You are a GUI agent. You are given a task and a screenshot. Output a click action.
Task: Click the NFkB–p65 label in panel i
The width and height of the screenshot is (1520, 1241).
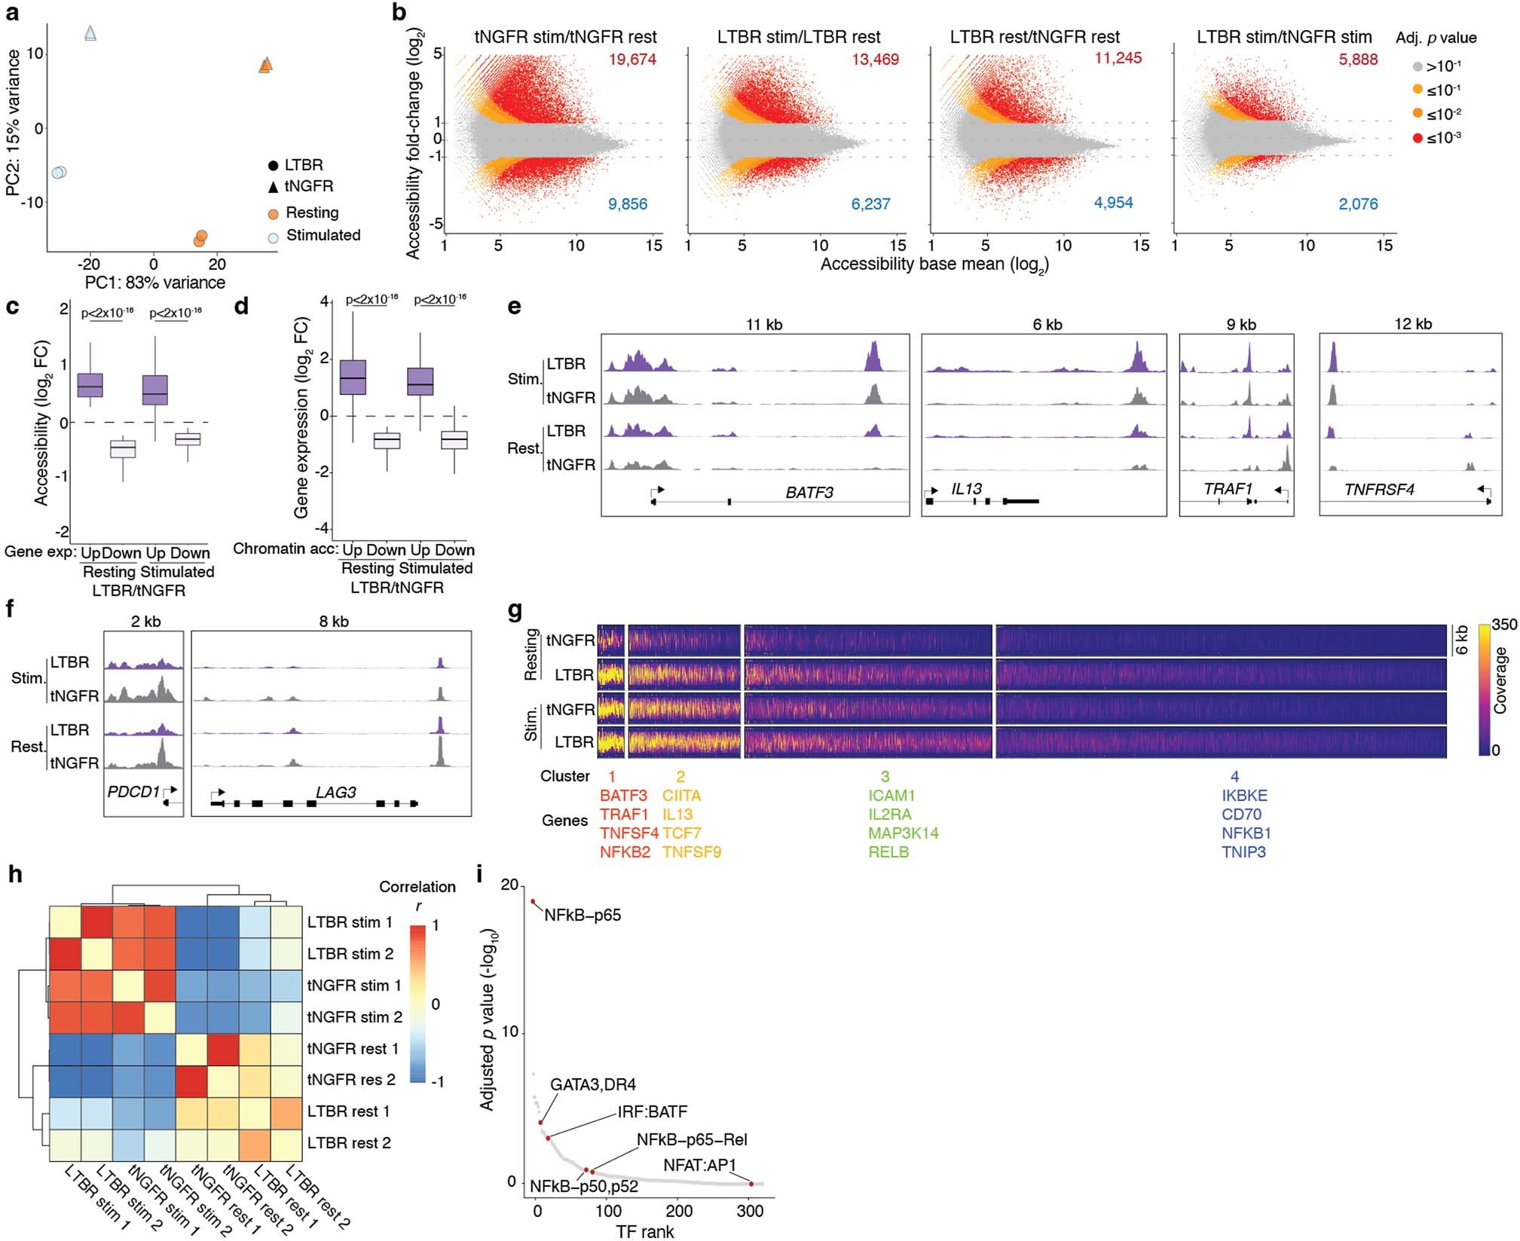click(582, 915)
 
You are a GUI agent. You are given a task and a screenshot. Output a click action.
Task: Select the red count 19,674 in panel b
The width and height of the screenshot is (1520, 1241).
click(632, 60)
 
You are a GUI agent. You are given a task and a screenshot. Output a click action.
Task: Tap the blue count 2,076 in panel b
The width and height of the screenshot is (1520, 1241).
click(1358, 203)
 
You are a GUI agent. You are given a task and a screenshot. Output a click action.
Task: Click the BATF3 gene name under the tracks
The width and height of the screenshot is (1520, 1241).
click(809, 493)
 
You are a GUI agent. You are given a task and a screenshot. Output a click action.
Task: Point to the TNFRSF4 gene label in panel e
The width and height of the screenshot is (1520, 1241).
click(1379, 490)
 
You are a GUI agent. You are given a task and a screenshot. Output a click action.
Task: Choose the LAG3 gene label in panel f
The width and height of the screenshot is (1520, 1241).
click(335, 792)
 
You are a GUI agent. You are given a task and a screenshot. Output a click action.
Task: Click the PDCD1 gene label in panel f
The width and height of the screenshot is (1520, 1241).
click(133, 792)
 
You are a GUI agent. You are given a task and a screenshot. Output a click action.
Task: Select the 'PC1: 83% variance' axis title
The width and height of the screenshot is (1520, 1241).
click(154, 283)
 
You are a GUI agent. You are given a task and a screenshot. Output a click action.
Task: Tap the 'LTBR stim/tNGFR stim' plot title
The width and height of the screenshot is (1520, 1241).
click(1284, 37)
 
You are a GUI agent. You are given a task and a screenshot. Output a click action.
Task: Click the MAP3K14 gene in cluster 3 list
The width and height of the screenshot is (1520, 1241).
click(903, 833)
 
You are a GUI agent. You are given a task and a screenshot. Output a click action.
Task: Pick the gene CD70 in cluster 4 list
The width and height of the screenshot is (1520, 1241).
click(1241, 815)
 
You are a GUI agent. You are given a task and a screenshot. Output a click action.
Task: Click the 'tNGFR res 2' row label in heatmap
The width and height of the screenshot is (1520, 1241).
click(350, 1080)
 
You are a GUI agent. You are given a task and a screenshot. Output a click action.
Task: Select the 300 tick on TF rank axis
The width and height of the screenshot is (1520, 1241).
click(750, 1211)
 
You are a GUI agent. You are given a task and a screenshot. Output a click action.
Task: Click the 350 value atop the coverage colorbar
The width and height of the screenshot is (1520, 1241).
click(1504, 625)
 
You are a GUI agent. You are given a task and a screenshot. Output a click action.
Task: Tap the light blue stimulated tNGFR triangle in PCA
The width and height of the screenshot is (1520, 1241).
click(90, 33)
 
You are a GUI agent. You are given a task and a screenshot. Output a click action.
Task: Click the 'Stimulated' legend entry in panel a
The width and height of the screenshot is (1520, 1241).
click(323, 235)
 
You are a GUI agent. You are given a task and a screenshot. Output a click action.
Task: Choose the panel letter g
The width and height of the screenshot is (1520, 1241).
click(515, 610)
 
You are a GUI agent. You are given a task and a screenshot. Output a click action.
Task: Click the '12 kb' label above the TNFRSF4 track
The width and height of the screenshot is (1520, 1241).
click(1412, 324)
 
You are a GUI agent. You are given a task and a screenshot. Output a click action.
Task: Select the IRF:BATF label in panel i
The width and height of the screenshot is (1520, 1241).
click(652, 1111)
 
